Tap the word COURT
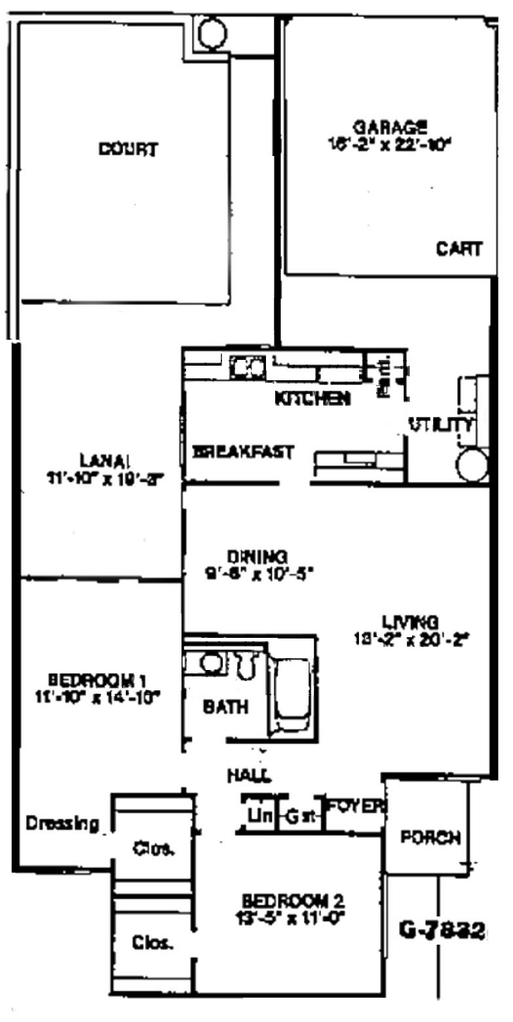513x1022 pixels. pos(128,149)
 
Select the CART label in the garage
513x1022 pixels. pos(459,249)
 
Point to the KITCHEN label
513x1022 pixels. pos(311,398)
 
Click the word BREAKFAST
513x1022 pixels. pos(242,452)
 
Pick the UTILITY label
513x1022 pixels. pos(440,425)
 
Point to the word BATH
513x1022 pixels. pos(225,707)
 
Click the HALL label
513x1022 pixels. pos(249,776)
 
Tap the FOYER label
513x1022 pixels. pos(354,806)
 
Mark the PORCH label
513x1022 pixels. pos(430,838)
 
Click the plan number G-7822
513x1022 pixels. pos(443,930)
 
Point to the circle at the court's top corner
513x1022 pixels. pos(212,33)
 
